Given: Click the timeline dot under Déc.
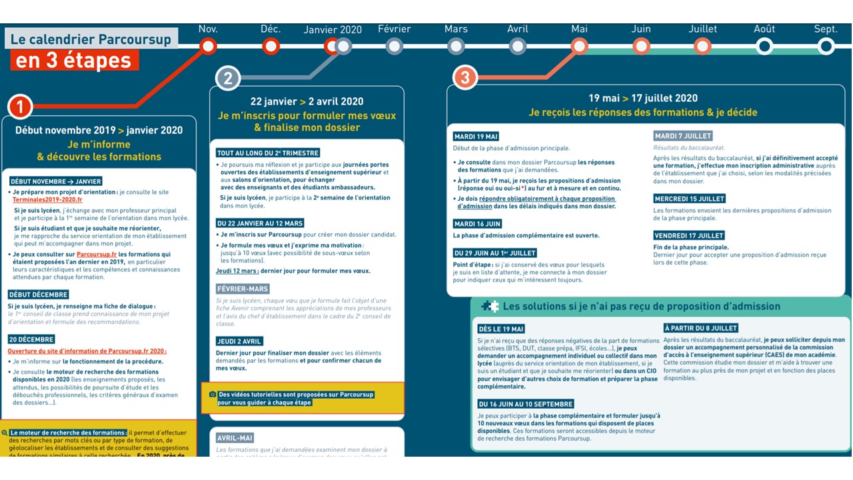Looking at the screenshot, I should click(271, 46).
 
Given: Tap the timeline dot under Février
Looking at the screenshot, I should click(395, 46).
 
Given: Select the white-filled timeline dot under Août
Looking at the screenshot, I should click(764, 46).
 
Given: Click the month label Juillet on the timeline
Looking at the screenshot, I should click(702, 29).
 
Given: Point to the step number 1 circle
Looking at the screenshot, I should click(20, 107).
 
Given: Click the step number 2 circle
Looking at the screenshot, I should click(227, 79).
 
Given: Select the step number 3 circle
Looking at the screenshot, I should click(464, 77).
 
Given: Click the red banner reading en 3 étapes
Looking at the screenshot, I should click(74, 60).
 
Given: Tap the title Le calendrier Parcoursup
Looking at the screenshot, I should click(91, 39).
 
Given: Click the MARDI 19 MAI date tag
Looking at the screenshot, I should click(476, 137).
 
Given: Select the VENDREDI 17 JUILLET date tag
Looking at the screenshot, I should click(689, 235).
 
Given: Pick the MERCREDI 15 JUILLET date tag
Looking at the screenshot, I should click(689, 199).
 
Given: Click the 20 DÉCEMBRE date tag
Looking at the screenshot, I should click(31, 339).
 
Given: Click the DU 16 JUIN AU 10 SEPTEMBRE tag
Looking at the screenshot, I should click(525, 404).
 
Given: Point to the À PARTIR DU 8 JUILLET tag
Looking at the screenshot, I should click(701, 328).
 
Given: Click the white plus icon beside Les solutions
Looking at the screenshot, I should click(490, 306).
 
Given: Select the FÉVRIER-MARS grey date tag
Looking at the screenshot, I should click(243, 289).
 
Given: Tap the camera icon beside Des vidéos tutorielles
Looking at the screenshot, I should click(213, 395).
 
